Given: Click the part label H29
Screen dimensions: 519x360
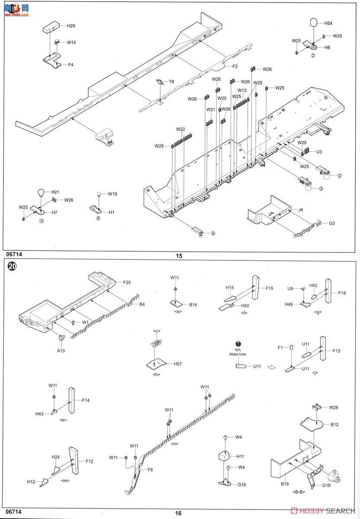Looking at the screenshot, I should pyautogui.click(x=71, y=26).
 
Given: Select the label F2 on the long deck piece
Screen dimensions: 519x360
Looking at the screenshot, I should pyautogui.click(x=235, y=66).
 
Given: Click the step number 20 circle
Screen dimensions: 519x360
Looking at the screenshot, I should pyautogui.click(x=13, y=267).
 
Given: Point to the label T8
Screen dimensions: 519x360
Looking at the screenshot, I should pyautogui.click(x=171, y=81).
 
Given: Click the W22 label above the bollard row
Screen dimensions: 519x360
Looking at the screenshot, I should pyautogui.click(x=180, y=129).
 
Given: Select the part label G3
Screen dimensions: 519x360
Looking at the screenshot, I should pyautogui.click(x=332, y=223).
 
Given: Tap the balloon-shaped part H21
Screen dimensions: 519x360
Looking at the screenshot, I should pyautogui.click(x=40, y=193).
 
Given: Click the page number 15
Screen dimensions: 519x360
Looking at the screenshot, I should pyautogui.click(x=179, y=256).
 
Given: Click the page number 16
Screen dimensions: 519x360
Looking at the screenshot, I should pyautogui.click(x=179, y=513).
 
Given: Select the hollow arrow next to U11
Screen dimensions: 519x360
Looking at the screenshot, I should pyautogui.click(x=272, y=367).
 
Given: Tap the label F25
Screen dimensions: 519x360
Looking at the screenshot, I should pyautogui.click(x=126, y=282).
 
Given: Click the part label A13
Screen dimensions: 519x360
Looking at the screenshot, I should pyautogui.click(x=60, y=351).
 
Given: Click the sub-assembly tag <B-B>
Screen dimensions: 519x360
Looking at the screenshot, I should pyautogui.click(x=299, y=492).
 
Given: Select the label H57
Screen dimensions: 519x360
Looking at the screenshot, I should pyautogui.click(x=178, y=364).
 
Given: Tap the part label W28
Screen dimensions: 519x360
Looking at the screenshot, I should pyautogui.click(x=333, y=407).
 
